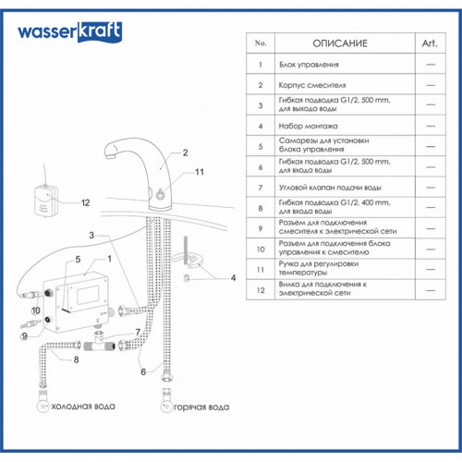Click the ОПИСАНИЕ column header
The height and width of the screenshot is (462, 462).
click(340, 43)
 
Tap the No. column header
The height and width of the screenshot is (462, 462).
click(260, 43)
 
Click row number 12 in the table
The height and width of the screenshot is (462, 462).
click(260, 290)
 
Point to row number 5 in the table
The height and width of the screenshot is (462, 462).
click(260, 145)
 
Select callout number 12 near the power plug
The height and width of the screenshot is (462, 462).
click(85, 201)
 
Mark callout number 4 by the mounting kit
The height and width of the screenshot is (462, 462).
click(233, 277)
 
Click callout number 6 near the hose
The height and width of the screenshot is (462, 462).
click(143, 371)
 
